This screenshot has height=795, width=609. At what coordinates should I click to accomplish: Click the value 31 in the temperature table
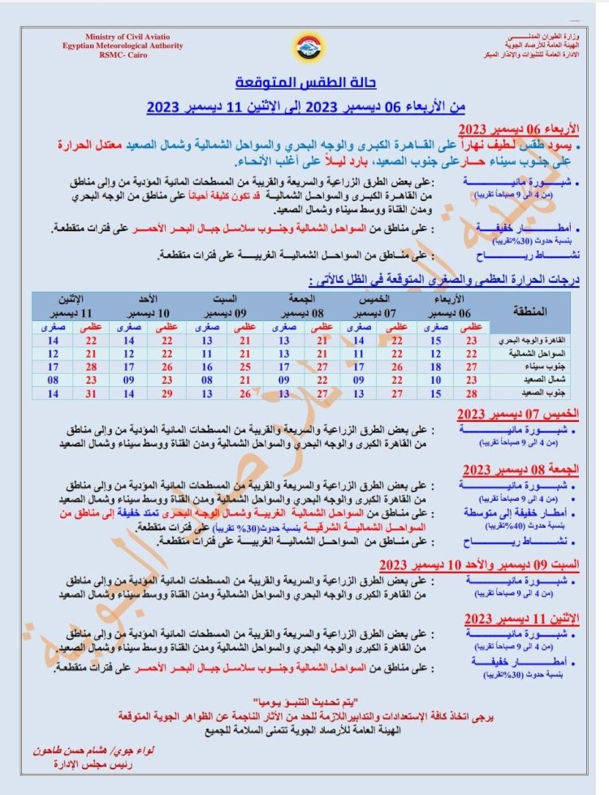[90, 393]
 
